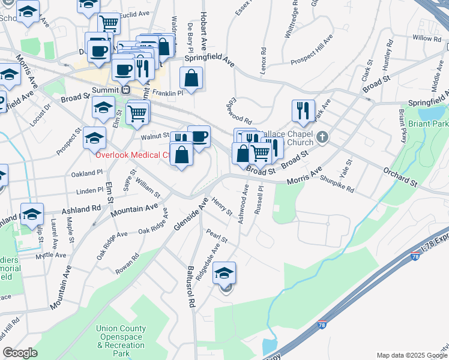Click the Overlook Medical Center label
tap(131, 155)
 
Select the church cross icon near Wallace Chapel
tap(322, 137)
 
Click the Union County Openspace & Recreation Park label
tap(121, 341)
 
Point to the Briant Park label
tap(428, 124)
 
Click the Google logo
tap(20, 353)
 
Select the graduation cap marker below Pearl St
tap(224, 273)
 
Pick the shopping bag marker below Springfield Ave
tap(191, 78)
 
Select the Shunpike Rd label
tap(337, 183)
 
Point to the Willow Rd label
tap(427, 38)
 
